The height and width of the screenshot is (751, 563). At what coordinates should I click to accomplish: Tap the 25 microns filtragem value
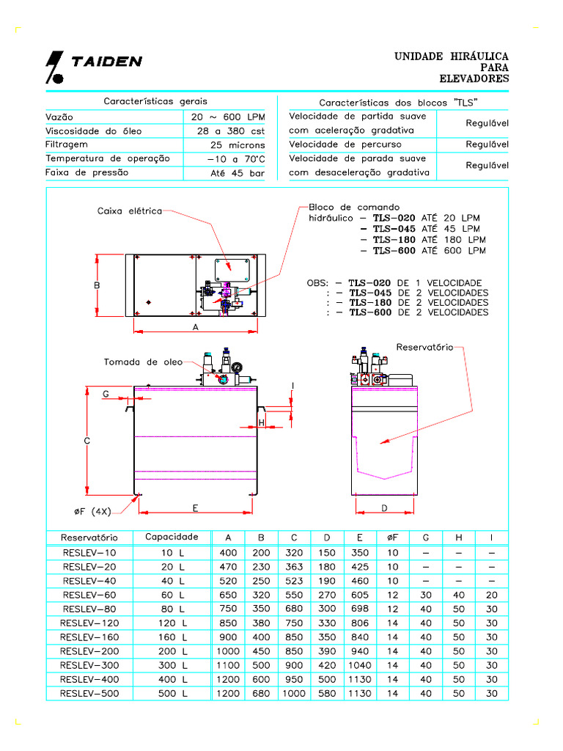pos(238,145)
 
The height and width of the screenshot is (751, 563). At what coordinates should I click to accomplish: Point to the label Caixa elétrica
pos(129,211)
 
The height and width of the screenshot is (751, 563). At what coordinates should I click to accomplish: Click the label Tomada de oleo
pos(143,362)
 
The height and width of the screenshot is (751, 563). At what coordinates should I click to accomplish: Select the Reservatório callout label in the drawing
pos(424,346)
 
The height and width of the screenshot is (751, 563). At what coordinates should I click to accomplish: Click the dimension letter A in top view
pos(196,327)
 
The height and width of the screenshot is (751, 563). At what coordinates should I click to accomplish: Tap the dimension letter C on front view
pos(87,441)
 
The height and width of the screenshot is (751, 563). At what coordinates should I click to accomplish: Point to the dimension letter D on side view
pos(385,508)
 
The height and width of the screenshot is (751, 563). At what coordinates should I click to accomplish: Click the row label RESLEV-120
pos(89,623)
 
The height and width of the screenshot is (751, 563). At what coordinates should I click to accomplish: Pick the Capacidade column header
pos(172,538)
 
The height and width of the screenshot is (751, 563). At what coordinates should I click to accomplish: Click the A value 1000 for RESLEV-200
pos(227,651)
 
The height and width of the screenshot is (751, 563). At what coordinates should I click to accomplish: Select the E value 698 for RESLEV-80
pos(360,609)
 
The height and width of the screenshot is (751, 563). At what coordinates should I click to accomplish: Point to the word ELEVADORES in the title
pos(474,79)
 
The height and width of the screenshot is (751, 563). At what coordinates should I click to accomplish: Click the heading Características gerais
pos(155,101)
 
